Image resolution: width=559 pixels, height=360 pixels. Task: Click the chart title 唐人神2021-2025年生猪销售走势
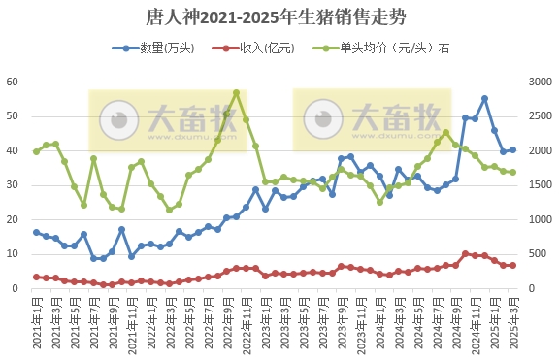pos(279,16)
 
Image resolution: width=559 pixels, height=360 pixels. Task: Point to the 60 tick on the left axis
pos(13,82)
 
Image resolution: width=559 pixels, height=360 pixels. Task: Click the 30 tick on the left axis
pos(13,185)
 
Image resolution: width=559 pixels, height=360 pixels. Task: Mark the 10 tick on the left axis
pos(13,254)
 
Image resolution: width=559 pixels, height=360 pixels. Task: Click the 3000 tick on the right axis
pos(537,82)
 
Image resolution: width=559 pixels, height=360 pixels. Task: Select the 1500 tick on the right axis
pos(537,185)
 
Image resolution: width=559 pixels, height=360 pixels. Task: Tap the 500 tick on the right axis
pos(537,254)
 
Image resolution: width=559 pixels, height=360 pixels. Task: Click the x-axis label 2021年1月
pos(37,320)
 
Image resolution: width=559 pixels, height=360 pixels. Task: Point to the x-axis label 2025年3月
pos(512,320)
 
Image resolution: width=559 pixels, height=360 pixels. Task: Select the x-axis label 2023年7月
pos(322,320)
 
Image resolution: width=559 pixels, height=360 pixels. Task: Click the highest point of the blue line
pos(484,98)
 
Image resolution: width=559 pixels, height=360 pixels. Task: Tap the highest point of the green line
pos(237,93)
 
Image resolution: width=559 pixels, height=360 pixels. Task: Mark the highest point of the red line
pos(466,253)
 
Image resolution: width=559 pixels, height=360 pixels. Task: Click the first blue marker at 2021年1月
pos(37,232)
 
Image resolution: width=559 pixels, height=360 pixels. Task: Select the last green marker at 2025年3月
pos(512,172)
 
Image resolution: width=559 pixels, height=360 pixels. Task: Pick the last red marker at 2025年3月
pos(512,265)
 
